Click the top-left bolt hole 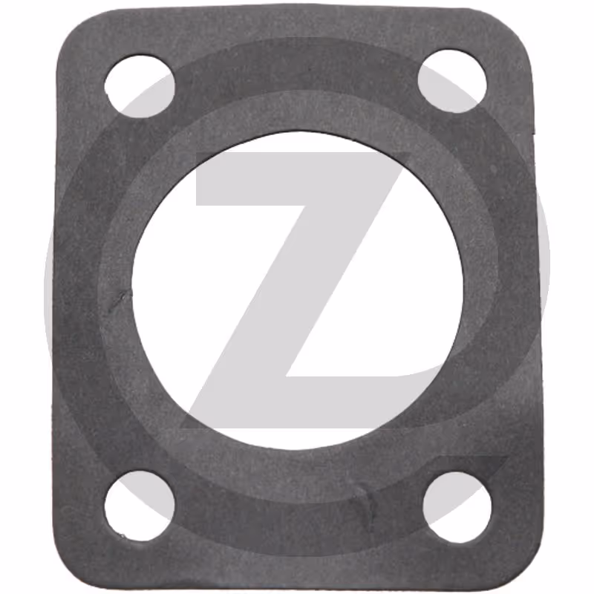[x=140, y=86]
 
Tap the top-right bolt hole [x=452, y=81]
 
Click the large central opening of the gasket [x=298, y=291]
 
